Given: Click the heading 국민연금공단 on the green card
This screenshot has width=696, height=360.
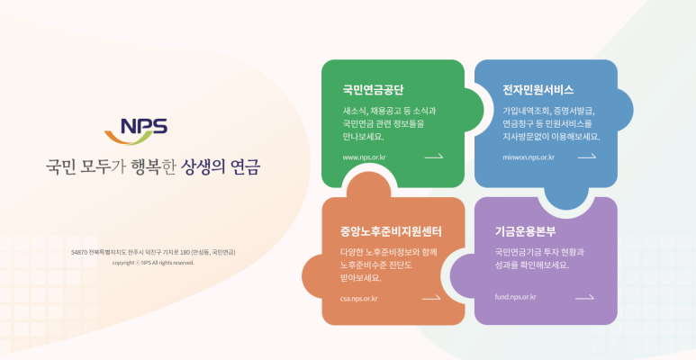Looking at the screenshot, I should (x=373, y=90).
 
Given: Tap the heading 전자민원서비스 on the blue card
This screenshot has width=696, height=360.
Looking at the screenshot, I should (x=538, y=90).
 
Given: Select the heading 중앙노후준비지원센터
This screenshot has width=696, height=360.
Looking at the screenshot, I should (x=384, y=231).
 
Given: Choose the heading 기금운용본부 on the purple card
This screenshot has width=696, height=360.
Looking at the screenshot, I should (x=525, y=231).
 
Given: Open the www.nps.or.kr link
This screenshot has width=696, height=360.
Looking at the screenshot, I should (x=364, y=157).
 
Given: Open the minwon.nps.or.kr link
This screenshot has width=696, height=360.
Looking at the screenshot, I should (x=529, y=157).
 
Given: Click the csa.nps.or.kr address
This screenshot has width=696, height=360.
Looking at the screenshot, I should (x=358, y=298).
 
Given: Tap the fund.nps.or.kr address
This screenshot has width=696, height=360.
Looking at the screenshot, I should (x=515, y=297).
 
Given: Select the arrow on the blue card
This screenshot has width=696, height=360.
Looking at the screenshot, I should (x=587, y=157).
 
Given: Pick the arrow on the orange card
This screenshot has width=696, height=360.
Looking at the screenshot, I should (x=431, y=298).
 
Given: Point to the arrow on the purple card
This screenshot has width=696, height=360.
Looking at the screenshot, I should (x=584, y=297).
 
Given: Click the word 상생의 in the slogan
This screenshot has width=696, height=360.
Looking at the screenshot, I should (x=202, y=167).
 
